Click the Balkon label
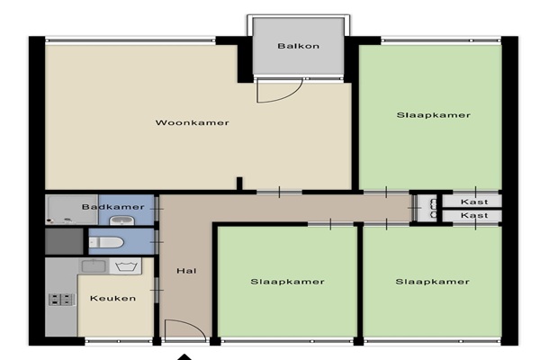coord(298,46)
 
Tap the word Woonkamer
coord(193,122)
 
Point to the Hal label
coord(186,271)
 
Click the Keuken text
coord(113,298)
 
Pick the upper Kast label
coord(474,202)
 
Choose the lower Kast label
coord(474,216)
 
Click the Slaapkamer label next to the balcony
coord(434,115)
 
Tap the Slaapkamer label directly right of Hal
coord(287,282)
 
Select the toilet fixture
coord(106,242)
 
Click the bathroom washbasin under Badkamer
coord(121,220)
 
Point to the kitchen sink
coord(94,266)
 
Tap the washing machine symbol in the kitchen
coord(126,266)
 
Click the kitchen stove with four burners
coord(61,300)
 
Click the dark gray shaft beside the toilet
coord(65,241)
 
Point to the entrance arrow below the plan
coord(184,357)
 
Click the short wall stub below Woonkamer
coord(239,184)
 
